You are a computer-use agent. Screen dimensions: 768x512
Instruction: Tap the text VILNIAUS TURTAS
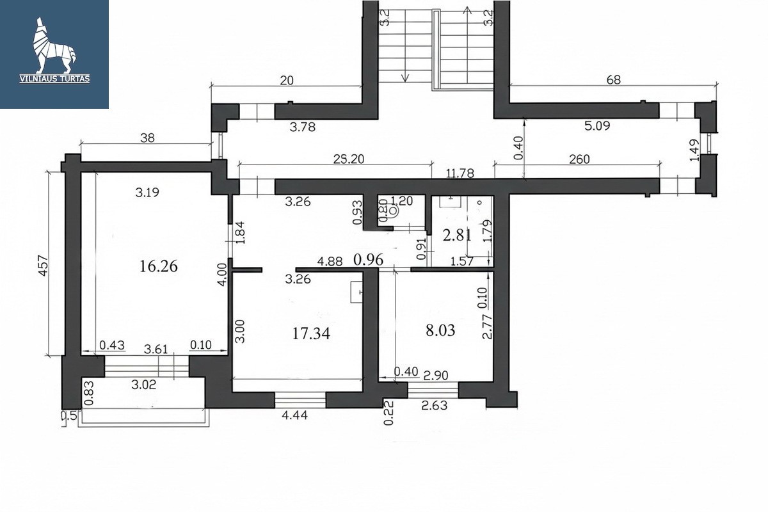55,79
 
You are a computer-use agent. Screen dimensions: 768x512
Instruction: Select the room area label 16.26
159,266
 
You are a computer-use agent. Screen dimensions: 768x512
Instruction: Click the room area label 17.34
311,333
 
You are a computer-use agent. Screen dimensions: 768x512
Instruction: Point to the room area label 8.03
440,331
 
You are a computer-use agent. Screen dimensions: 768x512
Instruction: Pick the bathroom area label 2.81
457,236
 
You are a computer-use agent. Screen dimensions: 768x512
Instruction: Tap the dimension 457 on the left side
44,265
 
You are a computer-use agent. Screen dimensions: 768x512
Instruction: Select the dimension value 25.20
349,159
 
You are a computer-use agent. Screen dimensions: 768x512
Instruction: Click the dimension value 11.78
460,173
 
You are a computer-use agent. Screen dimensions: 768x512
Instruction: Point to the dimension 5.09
597,126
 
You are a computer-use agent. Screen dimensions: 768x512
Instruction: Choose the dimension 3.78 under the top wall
302,127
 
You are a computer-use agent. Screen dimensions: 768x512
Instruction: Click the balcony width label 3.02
143,385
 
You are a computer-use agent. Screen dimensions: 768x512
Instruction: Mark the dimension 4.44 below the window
294,415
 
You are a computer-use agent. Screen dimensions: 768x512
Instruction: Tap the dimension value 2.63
435,406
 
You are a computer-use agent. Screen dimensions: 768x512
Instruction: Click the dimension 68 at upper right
614,80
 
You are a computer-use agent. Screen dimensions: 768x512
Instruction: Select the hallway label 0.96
368,260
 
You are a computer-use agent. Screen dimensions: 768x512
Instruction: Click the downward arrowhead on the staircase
405,77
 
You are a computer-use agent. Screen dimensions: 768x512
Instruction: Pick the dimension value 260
579,159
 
